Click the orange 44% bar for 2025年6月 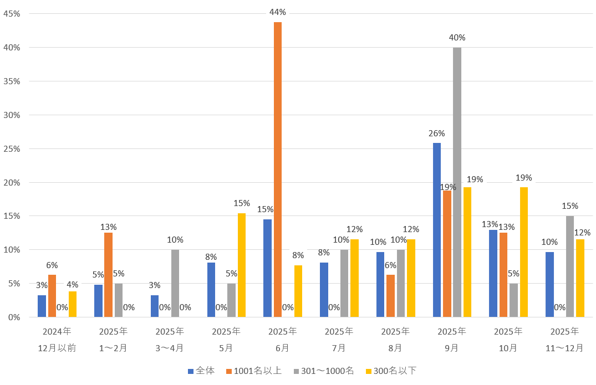tap(278, 169)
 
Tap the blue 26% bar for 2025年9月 tap(437, 230)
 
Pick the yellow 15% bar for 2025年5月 tap(242, 265)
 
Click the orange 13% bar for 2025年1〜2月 tap(108, 275)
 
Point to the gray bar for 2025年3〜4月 tap(175, 283)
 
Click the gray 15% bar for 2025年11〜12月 tap(570, 266)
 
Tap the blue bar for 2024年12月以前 tap(42, 306)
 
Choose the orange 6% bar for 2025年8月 tap(391, 296)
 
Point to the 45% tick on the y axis tap(12, 14)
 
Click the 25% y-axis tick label tap(12, 148)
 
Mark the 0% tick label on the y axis tap(14, 317)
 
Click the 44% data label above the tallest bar tap(278, 12)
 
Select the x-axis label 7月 tap(339, 348)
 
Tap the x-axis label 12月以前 tap(57, 348)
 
